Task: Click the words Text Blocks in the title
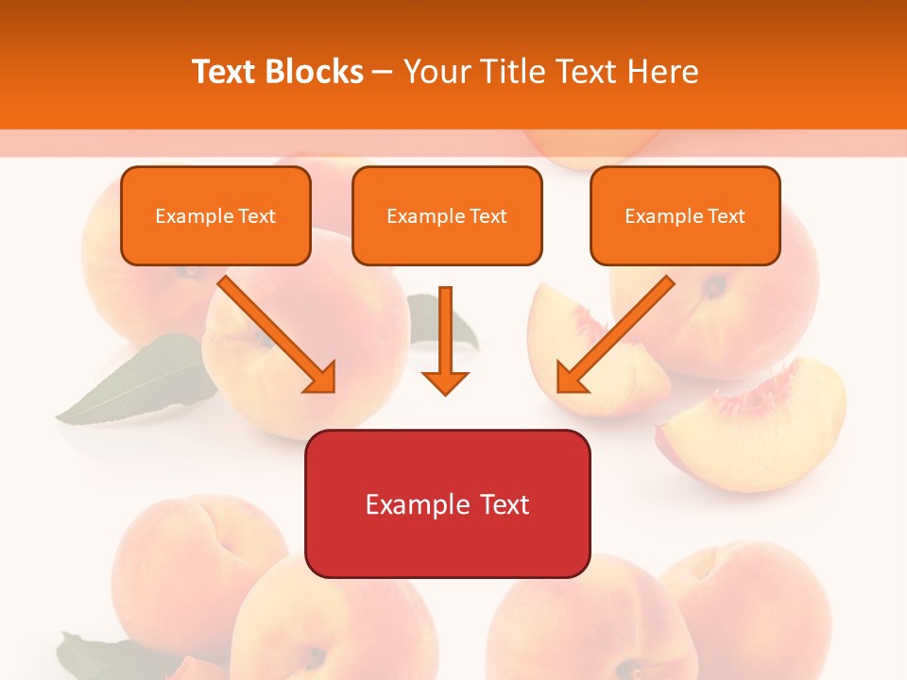(x=278, y=72)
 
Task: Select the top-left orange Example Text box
(x=215, y=216)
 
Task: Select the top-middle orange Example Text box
(x=447, y=216)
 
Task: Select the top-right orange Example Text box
(x=685, y=216)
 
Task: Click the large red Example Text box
(x=447, y=504)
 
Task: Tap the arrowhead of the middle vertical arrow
(x=445, y=382)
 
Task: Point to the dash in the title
(x=383, y=73)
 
